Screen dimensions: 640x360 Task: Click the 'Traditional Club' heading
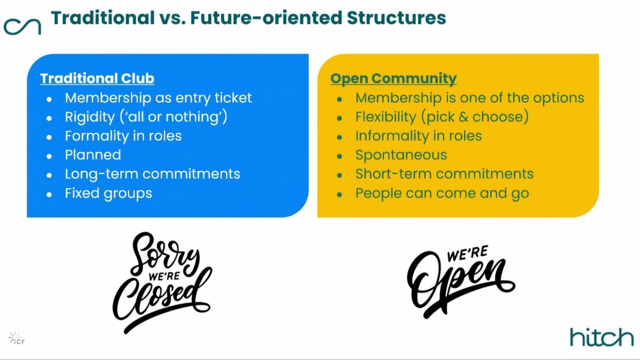coord(97,78)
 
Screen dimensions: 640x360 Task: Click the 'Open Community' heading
coord(393,79)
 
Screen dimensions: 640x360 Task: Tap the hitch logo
coord(602,337)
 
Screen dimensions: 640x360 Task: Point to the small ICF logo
coord(16,338)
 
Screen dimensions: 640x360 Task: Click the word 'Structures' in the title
coord(396,17)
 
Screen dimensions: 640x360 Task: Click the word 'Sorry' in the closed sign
coord(165,255)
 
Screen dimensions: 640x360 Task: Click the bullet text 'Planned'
coord(93,155)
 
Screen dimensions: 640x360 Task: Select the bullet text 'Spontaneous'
coord(401,155)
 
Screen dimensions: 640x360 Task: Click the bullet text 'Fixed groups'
coord(108,193)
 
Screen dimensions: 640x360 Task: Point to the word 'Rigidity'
coord(90,117)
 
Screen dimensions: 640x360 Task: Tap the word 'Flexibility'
coord(386,117)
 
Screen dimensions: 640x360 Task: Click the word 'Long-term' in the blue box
coord(101,174)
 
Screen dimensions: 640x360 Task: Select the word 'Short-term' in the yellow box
coord(393,174)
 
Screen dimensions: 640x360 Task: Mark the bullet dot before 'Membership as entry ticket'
coord(49,99)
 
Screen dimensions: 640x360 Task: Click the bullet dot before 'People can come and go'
coord(339,195)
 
